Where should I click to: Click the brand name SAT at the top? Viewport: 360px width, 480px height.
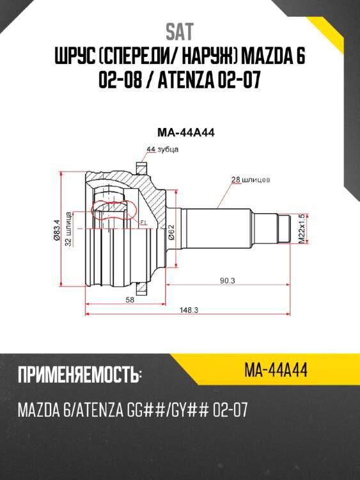click(x=180, y=31)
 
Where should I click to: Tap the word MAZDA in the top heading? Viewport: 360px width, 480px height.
click(x=260, y=58)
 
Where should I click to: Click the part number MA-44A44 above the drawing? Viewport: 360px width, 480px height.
click(x=185, y=133)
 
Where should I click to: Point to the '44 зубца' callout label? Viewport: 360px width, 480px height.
click(x=162, y=149)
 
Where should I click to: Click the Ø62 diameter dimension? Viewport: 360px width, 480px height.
click(x=173, y=232)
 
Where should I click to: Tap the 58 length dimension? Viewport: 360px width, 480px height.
click(x=130, y=300)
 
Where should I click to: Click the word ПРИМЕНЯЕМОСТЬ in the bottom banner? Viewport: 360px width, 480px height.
click(x=77, y=375)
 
